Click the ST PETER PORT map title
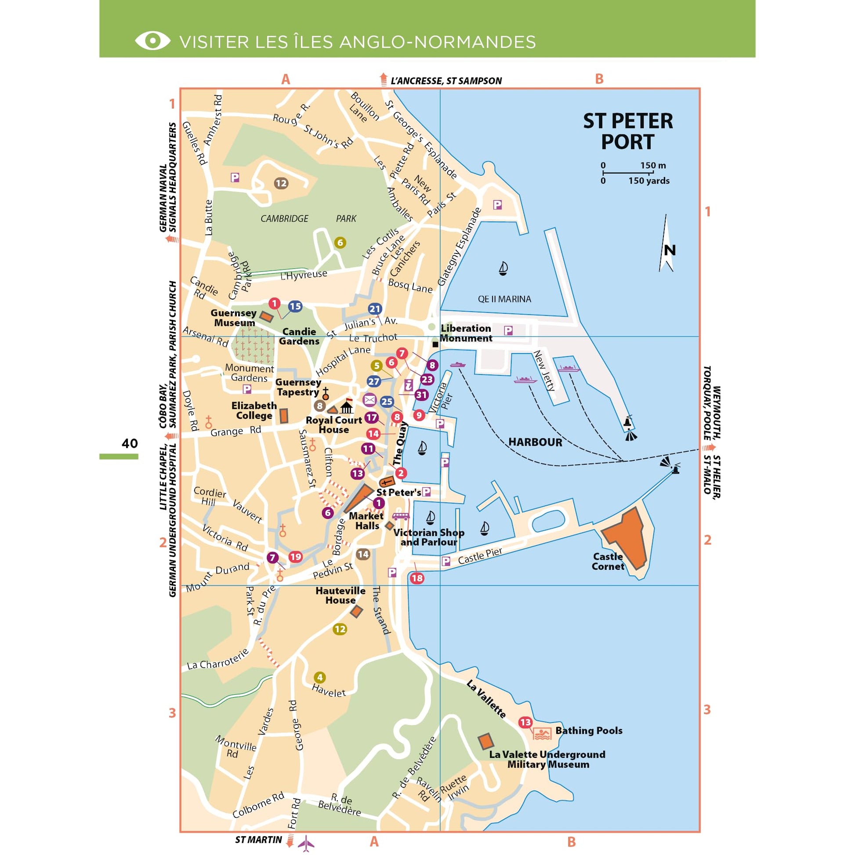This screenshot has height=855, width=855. [x=627, y=131]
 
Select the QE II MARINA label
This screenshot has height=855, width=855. [x=504, y=299]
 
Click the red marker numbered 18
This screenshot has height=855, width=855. [x=417, y=578]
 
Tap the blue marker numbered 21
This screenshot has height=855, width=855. [x=374, y=309]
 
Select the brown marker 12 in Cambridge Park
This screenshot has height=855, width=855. [x=281, y=183]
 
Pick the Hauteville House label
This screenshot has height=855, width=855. [x=341, y=595]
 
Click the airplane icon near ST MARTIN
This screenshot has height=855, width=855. [x=306, y=843]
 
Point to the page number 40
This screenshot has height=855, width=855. [x=130, y=443]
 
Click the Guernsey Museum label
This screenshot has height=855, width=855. [x=234, y=318]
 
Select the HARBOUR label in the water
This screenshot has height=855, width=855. [x=535, y=442]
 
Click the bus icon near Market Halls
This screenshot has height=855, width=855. [x=401, y=516]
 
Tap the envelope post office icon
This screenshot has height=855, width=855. [x=370, y=401]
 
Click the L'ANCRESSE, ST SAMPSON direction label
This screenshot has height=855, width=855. [x=446, y=81]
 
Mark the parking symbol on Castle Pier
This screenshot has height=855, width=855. [x=446, y=562]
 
